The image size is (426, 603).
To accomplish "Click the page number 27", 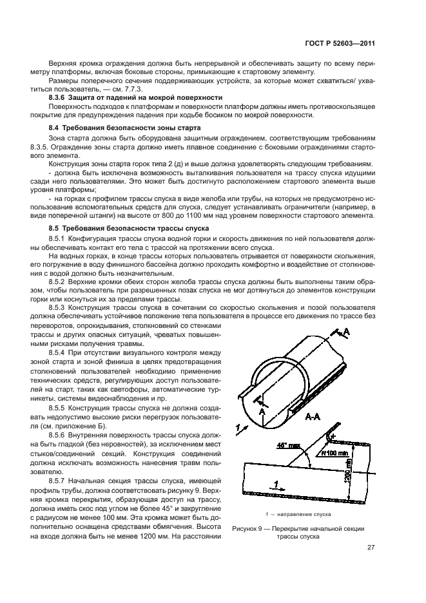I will click(x=371, y=548).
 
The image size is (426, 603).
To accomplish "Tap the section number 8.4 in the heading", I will click(x=54, y=128).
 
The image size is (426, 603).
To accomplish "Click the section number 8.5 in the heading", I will click(x=54, y=229).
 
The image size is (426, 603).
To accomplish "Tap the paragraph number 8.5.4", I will click(x=59, y=354).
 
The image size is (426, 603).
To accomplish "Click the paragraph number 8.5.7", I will click(x=59, y=481).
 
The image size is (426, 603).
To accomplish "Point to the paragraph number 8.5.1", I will click(x=59, y=240).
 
